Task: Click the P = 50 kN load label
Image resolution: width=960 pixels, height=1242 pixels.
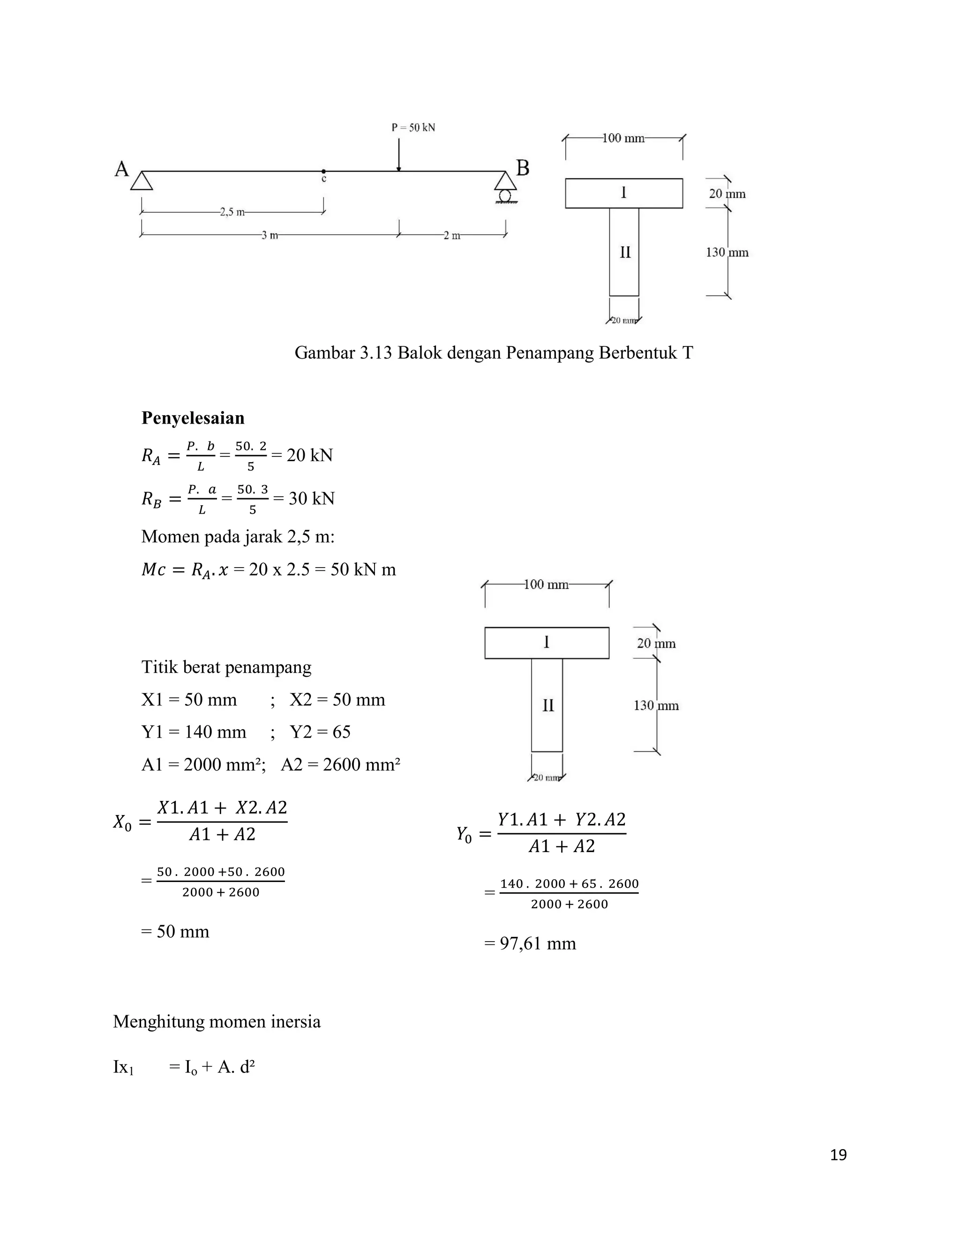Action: point(413,127)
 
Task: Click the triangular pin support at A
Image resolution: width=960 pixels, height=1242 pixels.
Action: point(142,180)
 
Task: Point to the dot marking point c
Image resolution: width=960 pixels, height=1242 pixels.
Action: point(323,171)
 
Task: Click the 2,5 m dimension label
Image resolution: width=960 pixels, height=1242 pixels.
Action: point(232,212)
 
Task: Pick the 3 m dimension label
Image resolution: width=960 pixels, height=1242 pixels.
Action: point(270,235)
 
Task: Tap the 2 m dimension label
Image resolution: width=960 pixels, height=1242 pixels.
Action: point(452,235)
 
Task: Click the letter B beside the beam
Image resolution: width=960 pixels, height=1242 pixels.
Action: point(522,168)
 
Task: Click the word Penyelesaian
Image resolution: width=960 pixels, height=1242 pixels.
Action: point(193,418)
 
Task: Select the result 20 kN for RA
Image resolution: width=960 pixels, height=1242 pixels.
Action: point(309,456)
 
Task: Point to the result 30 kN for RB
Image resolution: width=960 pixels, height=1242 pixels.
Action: point(311,499)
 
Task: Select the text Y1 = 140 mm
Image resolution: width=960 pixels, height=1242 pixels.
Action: point(194,732)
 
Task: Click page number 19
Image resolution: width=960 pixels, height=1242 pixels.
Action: point(838,1155)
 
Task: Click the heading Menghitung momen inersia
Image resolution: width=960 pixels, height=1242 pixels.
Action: point(217,1021)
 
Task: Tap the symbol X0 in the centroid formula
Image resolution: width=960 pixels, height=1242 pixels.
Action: point(122,823)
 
